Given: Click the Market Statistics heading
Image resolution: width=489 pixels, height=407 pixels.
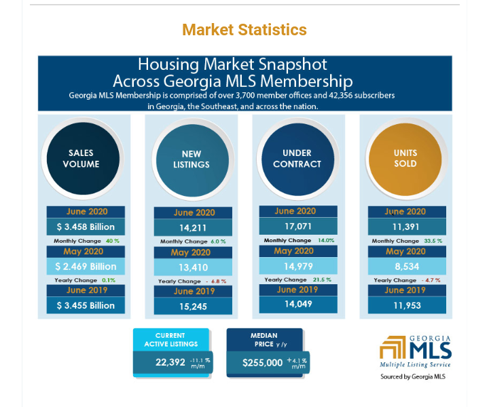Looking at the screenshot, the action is coord(244,30).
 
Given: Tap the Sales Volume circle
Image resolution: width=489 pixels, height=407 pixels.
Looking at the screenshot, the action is coord(83,159).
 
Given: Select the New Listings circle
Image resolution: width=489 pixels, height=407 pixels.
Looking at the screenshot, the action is coord(192,160).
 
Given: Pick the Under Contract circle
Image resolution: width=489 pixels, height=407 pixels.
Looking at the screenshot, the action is coord(298,159).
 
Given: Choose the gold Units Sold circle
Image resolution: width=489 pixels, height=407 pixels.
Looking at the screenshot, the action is coord(405,159).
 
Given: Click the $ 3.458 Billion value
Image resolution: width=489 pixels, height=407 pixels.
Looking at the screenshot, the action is coord(86,227).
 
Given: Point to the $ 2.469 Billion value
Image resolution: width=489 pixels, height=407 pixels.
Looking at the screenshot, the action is coord(86,267).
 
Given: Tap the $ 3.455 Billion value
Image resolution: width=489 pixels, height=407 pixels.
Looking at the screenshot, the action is coord(86,305).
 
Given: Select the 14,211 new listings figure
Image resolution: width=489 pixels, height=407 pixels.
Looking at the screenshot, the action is coord(193,228).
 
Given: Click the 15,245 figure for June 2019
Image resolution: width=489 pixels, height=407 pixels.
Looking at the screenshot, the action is coord(193,307).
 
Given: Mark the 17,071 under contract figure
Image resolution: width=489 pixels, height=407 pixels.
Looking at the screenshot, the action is coord(298,227).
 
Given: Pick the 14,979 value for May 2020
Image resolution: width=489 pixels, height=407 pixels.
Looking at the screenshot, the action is coord(298,267).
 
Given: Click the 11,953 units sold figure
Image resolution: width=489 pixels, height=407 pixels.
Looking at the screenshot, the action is coord(407,305).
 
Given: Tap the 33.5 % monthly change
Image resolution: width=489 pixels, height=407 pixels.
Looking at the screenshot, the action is coord(433,241).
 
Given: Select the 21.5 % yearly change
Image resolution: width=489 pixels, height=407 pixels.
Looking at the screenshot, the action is coord(322,279).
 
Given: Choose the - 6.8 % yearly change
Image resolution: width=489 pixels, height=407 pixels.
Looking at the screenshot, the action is coord(216,282).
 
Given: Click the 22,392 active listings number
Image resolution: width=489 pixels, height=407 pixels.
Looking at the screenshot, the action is coord(170,362).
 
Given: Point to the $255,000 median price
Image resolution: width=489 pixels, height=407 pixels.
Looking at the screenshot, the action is coord(263,363).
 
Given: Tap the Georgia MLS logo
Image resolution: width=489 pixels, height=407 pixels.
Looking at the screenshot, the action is coord(416,352).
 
